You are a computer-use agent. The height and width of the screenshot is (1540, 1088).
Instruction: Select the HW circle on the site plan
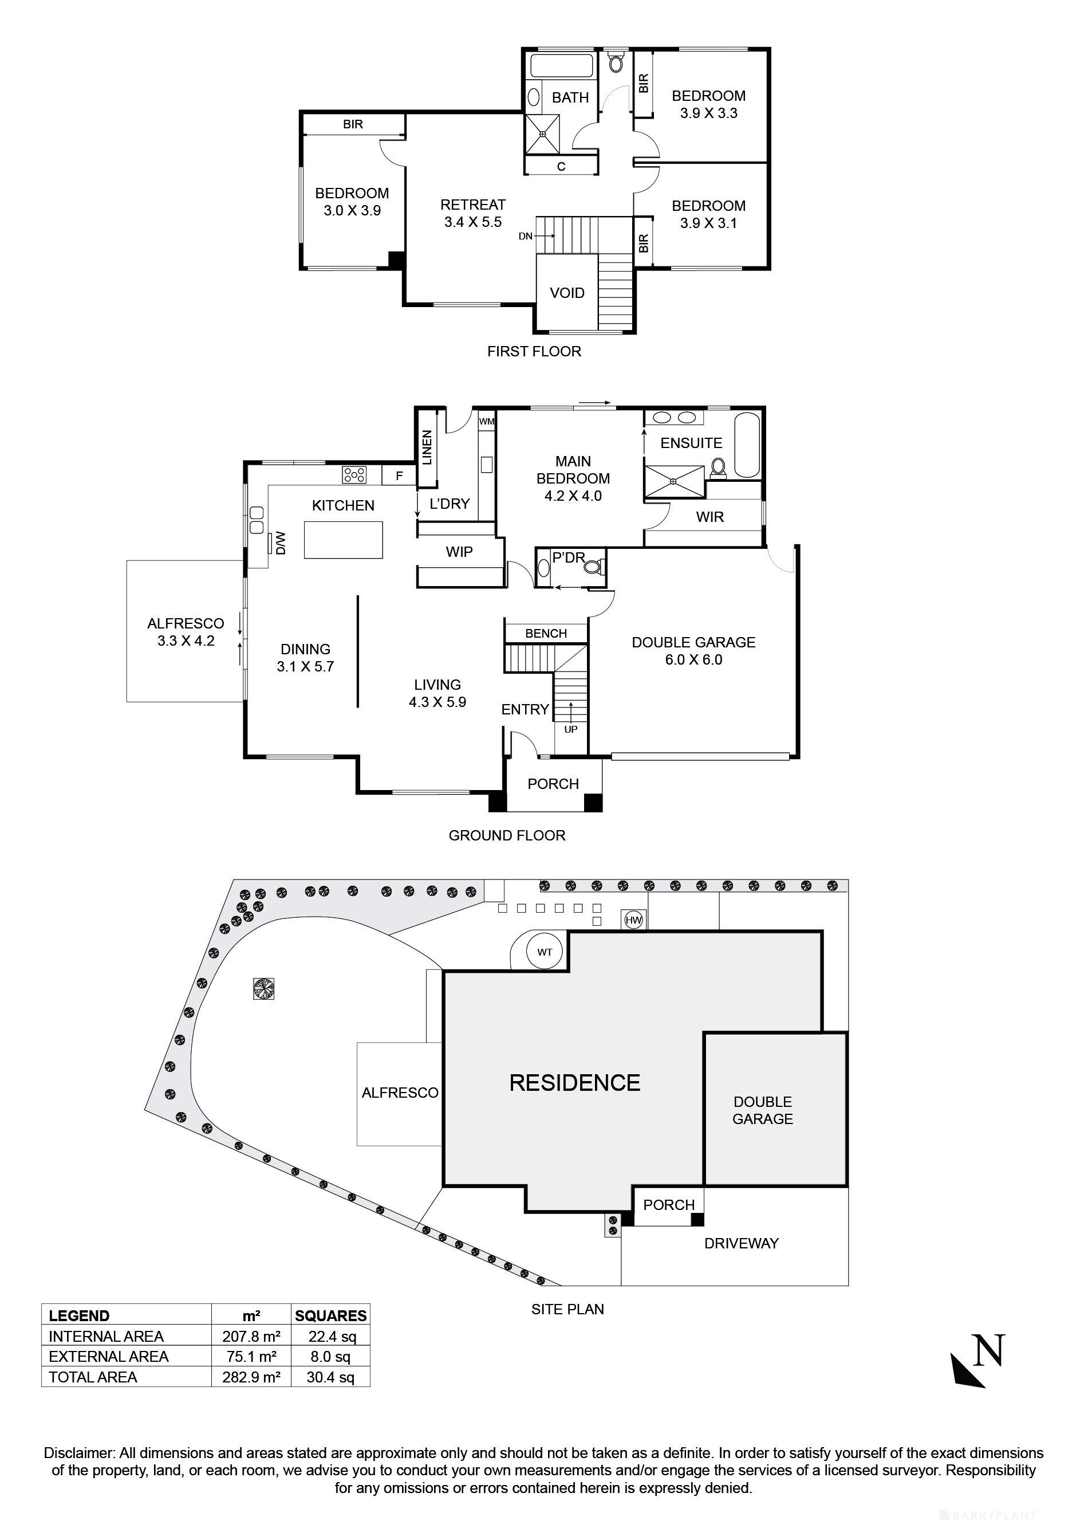coord(633,920)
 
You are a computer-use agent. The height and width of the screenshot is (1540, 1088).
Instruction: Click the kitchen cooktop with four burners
coord(354,476)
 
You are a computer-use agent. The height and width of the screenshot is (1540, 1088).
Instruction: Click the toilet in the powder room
coord(593,568)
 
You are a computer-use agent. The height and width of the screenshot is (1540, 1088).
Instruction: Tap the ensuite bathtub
coord(748,445)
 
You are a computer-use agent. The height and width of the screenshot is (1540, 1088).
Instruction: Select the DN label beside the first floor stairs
coord(526,236)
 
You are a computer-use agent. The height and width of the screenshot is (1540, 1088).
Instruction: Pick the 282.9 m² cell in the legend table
coord(251,1377)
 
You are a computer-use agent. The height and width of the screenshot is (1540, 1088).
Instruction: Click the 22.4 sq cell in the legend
coord(332,1336)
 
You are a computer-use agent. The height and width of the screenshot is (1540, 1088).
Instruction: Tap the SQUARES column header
coord(330,1315)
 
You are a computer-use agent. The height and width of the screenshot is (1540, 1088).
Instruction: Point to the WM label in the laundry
coord(487,422)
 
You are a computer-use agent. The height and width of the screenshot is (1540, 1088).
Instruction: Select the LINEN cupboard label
coord(427,447)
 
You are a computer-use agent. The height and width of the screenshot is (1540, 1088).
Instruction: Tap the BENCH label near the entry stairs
coord(546,633)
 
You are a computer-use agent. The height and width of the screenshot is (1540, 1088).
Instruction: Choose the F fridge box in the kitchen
coord(399,476)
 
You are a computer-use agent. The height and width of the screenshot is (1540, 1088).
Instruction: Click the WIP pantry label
coord(459,552)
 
